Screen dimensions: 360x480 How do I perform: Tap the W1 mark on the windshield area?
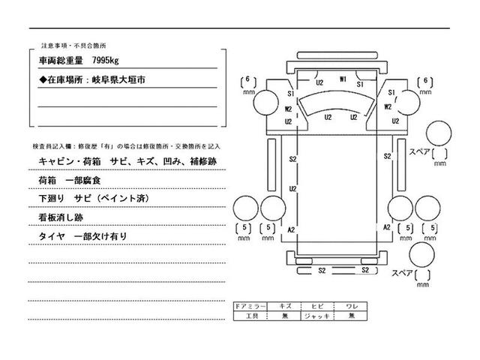pos(342,79)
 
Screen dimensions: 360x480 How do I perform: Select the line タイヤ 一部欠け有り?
pos(82,235)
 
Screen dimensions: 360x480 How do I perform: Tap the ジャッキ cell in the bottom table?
pos(318,316)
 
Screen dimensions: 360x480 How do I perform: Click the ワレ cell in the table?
pos(351,307)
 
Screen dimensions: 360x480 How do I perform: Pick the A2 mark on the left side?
pos(291,228)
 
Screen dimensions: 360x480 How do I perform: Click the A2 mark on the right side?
pos(388,226)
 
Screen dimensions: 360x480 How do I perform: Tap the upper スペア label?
pos(419,152)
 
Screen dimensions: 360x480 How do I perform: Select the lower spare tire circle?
pos(424,255)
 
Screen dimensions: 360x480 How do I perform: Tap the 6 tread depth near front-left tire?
pos(250,81)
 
